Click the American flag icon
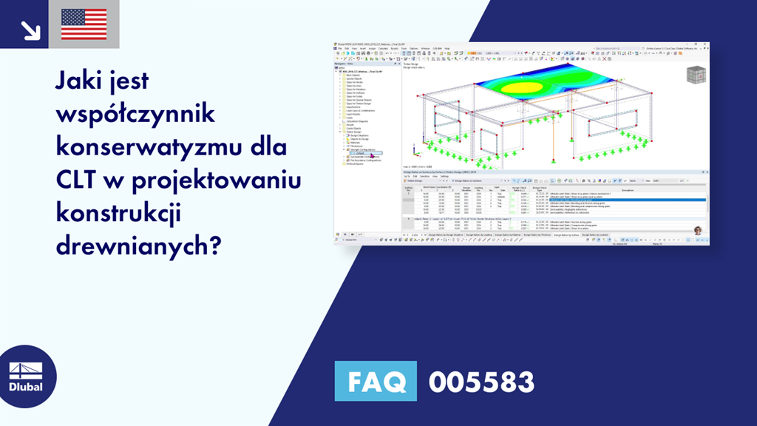84,24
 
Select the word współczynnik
135,116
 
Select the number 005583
481,382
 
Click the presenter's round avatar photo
697,230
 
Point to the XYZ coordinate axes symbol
416,154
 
